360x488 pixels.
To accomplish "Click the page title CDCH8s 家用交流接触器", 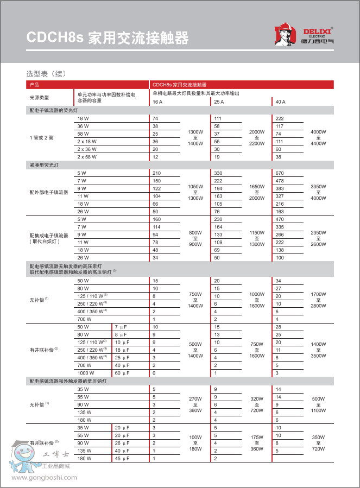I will tap(108, 38).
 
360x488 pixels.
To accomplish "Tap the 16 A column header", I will tap(157, 102).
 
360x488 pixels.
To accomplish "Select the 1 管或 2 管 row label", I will tap(41, 137).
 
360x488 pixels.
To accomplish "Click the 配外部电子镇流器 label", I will tap(49, 192).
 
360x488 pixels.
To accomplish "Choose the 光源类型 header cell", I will tap(39, 98).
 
